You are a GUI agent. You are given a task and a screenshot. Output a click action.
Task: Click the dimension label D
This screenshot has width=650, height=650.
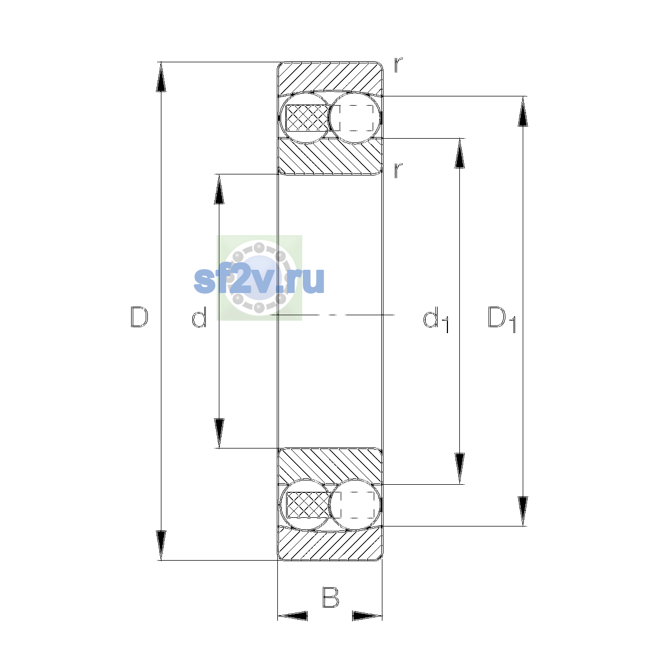[x=139, y=317]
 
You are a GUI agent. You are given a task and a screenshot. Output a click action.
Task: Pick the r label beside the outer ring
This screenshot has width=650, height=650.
[x=398, y=65]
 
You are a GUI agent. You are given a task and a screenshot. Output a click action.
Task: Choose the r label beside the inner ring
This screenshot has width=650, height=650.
[x=398, y=170]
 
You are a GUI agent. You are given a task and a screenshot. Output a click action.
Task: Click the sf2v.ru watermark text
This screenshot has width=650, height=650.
[x=259, y=281]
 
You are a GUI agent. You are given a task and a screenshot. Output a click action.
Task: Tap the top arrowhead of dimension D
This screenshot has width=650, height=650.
[x=161, y=77]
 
